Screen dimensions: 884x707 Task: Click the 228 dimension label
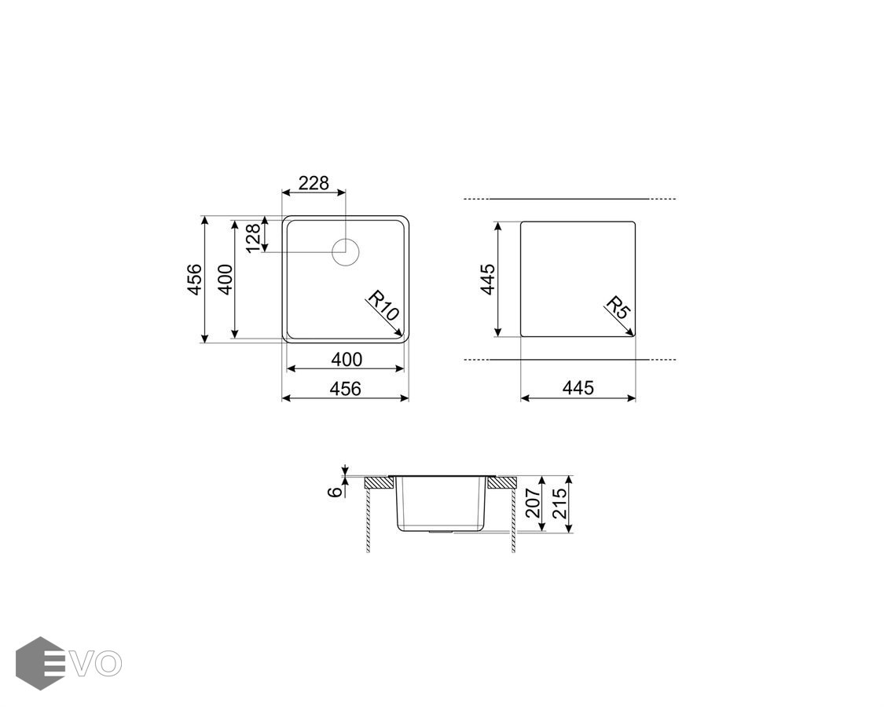click(314, 183)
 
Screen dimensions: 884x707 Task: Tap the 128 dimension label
click(254, 238)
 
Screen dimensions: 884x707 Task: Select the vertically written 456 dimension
click(195, 279)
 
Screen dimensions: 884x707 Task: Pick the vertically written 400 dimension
click(225, 279)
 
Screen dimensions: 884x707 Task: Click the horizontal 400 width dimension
click(347, 359)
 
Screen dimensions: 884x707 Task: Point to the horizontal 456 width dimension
click(345, 388)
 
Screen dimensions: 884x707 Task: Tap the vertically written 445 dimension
click(488, 279)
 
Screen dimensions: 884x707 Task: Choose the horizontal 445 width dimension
click(578, 388)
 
